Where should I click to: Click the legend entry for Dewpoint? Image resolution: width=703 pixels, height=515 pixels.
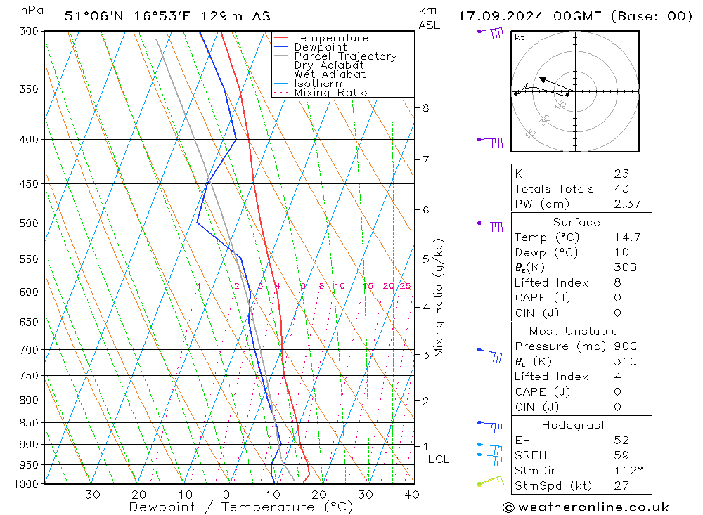tap(321, 47)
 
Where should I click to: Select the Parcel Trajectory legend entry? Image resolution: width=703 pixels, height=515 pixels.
tap(345, 56)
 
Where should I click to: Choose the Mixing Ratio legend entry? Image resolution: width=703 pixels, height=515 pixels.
tap(330, 92)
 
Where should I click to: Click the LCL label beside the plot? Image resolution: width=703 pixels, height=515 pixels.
tap(438, 459)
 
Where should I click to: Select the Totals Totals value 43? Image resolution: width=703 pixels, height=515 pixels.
tap(621, 188)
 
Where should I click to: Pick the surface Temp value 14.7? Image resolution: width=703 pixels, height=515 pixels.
tap(626, 237)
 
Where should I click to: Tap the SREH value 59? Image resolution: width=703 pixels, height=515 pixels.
tap(621, 455)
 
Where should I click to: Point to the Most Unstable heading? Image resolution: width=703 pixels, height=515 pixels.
tap(574, 331)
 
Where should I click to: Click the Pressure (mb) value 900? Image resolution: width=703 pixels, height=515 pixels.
tap(625, 346)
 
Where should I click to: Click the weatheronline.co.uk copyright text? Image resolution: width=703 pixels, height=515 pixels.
tap(586, 507)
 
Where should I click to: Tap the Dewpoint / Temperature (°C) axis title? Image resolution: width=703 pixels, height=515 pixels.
tap(241, 507)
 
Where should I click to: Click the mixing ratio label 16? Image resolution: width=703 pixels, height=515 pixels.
tap(368, 286)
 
